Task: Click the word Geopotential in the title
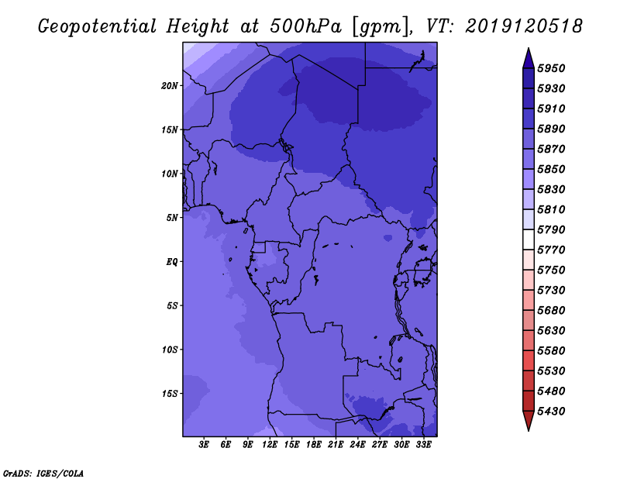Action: click(x=98, y=26)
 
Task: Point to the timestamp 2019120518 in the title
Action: click(x=524, y=26)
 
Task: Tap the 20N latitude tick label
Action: click(x=170, y=86)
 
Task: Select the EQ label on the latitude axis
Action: click(x=171, y=262)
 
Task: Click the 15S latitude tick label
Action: click(x=170, y=394)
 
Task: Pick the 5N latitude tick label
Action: click(x=172, y=218)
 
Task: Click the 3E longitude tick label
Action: click(x=204, y=445)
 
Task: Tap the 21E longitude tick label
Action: click(x=336, y=445)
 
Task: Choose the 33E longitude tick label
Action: click(x=423, y=445)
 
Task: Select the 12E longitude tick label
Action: click(x=270, y=445)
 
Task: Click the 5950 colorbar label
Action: click(x=551, y=68)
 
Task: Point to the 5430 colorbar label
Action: click(x=551, y=412)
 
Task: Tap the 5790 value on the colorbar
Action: click(x=551, y=229)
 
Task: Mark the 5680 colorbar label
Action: click(x=551, y=311)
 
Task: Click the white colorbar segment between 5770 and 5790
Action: click(x=529, y=239)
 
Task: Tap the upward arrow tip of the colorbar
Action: click(x=529, y=48)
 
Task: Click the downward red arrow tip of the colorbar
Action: click(x=529, y=430)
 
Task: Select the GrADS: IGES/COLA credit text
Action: click(x=43, y=474)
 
